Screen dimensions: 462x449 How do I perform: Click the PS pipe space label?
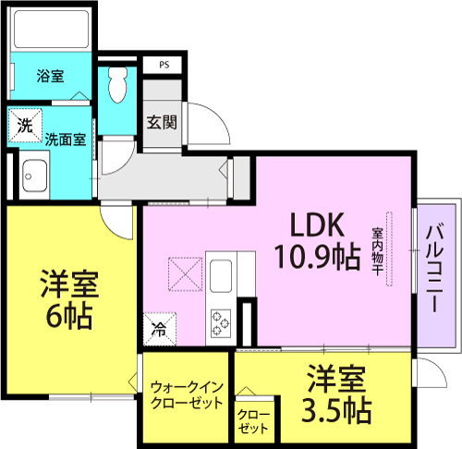(164, 65)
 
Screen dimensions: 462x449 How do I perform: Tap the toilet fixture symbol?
(117, 85)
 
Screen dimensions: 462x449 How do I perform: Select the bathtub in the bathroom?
(51, 30)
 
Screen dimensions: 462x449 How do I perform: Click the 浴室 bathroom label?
(50, 76)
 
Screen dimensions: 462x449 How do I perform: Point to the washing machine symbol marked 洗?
(25, 126)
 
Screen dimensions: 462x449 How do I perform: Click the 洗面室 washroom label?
(66, 140)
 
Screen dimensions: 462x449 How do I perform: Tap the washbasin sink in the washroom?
(34, 175)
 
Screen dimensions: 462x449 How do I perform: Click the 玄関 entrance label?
(162, 123)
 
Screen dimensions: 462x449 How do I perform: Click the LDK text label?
(317, 225)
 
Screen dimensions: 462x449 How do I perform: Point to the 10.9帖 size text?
(317, 256)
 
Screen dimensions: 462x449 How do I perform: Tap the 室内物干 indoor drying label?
(378, 251)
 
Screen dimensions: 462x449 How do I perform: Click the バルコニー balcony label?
(434, 269)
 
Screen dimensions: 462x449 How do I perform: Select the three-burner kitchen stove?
(221, 323)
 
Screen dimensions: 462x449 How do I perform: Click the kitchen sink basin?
(221, 276)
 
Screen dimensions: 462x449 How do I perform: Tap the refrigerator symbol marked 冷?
(160, 329)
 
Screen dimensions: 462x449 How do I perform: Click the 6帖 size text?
(69, 316)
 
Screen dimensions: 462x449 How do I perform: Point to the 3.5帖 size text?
(336, 410)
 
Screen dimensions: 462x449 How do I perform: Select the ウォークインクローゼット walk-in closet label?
(187, 395)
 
